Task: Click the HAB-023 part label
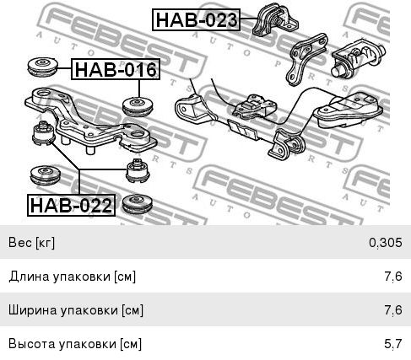[x=196, y=19]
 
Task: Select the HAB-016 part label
[x=116, y=69]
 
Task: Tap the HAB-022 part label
[x=71, y=205]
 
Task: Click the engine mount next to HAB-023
[x=275, y=20]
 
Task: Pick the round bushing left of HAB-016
[x=43, y=67]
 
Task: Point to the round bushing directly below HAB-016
[x=138, y=106]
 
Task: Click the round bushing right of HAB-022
[x=138, y=204]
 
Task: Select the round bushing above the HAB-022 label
[x=45, y=175]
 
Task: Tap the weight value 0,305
[x=386, y=242]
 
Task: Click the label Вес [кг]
[x=31, y=242]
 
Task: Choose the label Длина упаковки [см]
[x=73, y=277]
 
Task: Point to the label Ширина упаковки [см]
[x=76, y=310]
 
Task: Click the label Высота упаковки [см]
[x=75, y=344]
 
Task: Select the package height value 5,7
[x=393, y=344]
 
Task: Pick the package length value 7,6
[x=393, y=277]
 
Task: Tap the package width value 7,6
[x=393, y=310]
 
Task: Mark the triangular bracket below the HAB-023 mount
[x=306, y=59]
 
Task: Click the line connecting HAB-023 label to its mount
[x=249, y=19]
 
